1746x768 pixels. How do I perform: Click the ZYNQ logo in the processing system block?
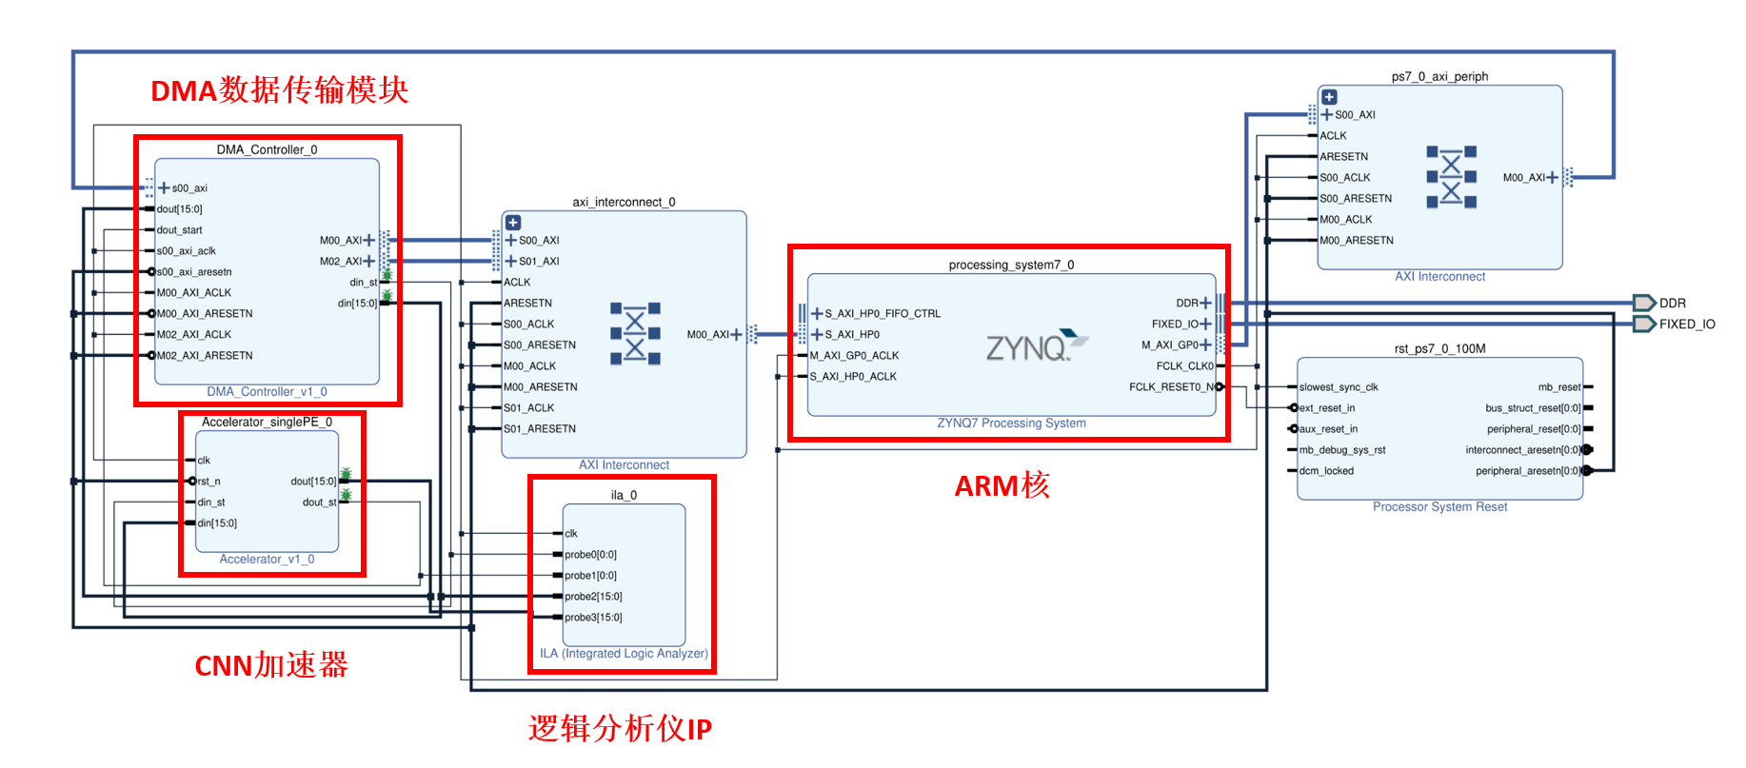pos(1036,346)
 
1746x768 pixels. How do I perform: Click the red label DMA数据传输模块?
pos(279,90)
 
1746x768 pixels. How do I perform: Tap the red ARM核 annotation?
pos(1002,485)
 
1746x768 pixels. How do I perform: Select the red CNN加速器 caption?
pos(271,665)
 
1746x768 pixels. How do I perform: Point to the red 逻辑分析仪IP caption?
pos(620,729)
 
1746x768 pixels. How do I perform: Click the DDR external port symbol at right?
pos(1644,303)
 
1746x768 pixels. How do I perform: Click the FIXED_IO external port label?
pos(1687,325)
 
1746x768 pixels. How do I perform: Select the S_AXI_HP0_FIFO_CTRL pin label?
pos(882,314)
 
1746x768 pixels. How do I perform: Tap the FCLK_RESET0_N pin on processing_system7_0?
pos(1171,387)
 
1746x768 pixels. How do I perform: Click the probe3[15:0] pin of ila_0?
pos(592,618)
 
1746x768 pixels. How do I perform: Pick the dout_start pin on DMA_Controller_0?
pos(179,230)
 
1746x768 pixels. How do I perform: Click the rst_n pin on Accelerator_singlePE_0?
pos(208,482)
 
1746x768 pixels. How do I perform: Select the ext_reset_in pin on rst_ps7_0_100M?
pos(1326,408)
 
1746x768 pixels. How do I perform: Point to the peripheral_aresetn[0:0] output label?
pos(1527,471)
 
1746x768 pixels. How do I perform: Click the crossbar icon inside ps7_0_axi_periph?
pos(1451,177)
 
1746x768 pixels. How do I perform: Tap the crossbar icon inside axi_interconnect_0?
pos(635,334)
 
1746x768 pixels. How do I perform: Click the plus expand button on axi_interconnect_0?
pos(513,223)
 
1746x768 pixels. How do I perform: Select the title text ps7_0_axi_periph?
pos(1439,77)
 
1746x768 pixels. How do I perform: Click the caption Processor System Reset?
pos(1439,507)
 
